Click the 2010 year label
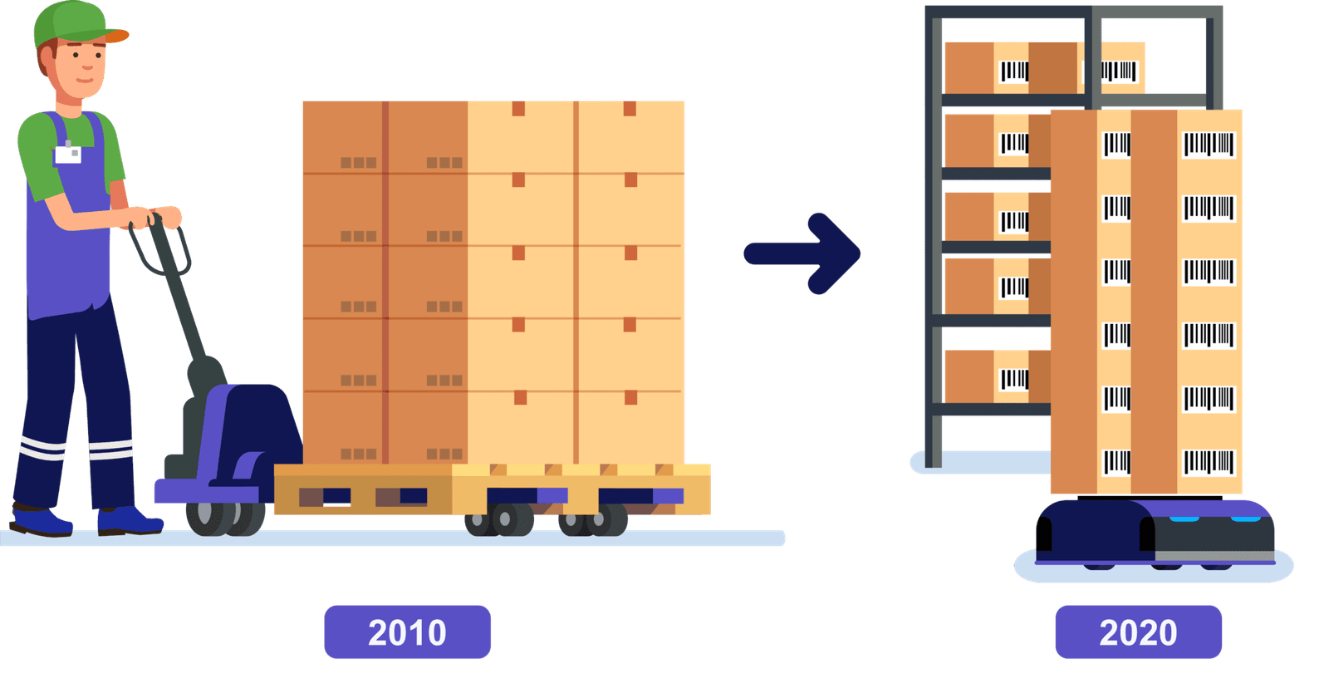[407, 632]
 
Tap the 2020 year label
[1138, 632]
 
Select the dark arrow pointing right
[802, 253]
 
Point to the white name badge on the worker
[68, 154]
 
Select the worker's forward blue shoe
[129, 522]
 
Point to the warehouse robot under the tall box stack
[1155, 532]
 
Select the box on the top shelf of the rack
[1013, 68]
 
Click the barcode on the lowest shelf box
[1014, 380]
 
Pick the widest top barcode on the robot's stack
[1209, 145]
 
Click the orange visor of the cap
[117, 36]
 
